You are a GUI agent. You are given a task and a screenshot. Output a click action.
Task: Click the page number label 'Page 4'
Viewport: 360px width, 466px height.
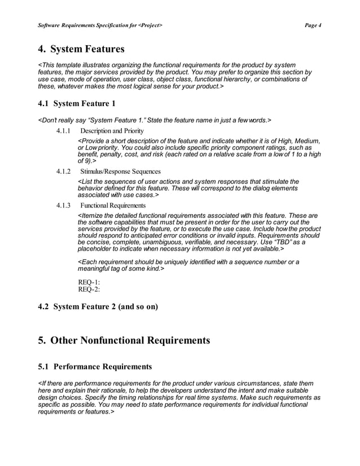click(x=312, y=25)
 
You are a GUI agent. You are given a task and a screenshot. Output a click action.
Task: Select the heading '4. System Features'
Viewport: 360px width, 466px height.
click(x=81, y=49)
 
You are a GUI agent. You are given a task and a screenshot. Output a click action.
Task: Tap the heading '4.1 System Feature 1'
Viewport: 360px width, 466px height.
click(x=77, y=104)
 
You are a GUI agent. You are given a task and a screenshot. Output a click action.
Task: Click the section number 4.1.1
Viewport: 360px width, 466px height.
click(x=63, y=131)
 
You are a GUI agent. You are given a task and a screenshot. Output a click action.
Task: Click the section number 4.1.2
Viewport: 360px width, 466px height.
click(x=63, y=171)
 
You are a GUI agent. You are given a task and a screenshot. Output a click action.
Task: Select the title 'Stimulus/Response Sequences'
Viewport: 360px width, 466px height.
click(x=120, y=171)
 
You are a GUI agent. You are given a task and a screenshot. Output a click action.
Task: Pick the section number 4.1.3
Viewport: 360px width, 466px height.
click(x=63, y=205)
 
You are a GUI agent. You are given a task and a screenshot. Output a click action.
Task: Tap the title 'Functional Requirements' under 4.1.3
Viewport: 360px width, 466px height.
click(x=113, y=205)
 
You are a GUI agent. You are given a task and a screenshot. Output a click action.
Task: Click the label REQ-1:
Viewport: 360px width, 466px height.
click(x=89, y=282)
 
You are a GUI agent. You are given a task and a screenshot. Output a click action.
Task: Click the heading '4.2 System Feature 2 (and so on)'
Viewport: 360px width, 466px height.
click(x=98, y=307)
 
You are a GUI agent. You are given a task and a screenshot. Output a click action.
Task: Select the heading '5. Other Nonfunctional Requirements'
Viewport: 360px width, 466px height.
click(x=124, y=340)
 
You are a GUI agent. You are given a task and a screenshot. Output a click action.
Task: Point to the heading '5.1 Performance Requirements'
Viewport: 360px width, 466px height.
click(x=95, y=367)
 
